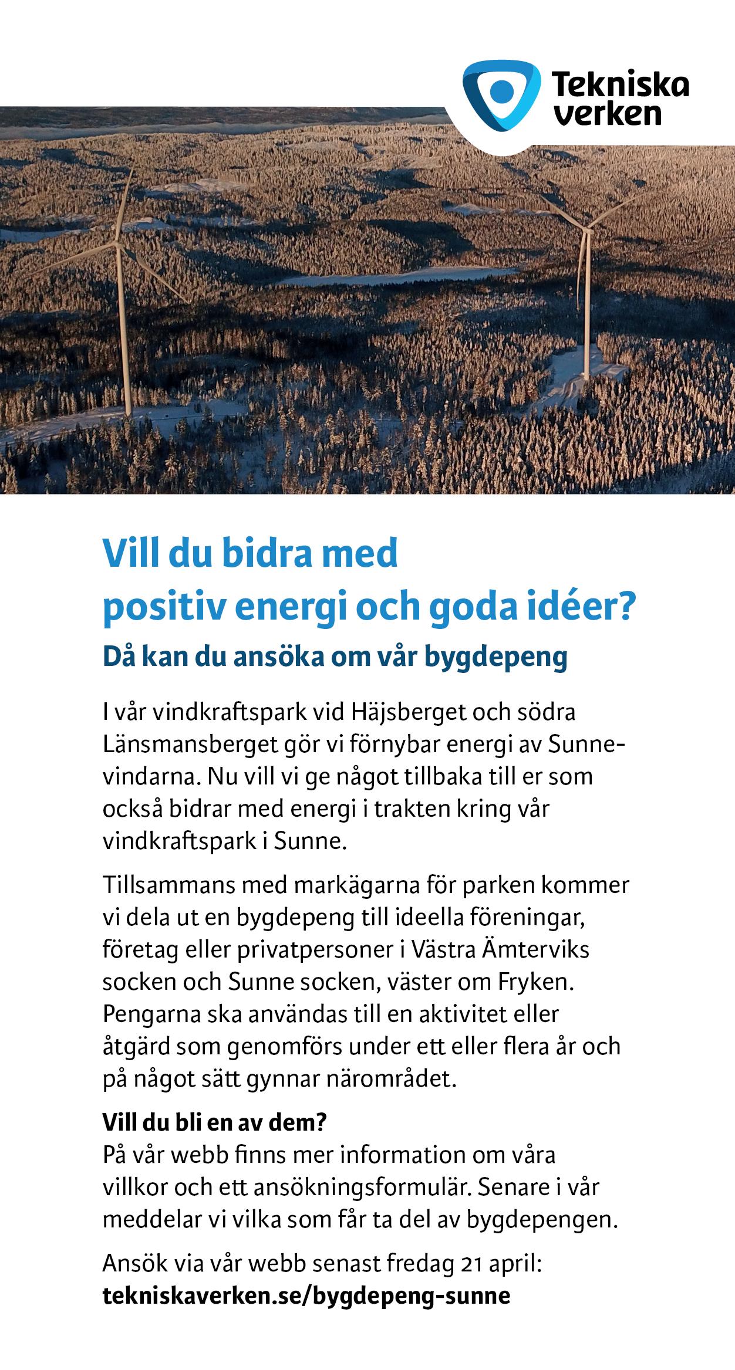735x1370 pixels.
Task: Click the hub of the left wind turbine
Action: click(120, 245)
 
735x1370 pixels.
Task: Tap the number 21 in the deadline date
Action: click(470, 1263)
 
